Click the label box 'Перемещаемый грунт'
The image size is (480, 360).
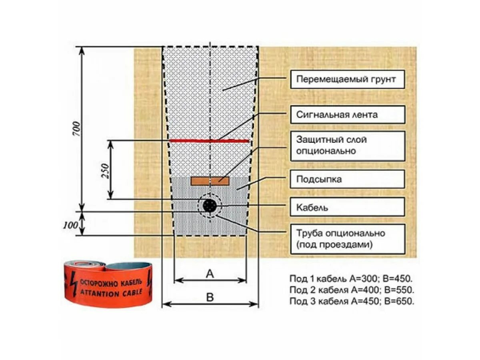[346, 79]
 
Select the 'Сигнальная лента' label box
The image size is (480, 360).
[346, 115]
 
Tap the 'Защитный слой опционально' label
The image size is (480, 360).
[346, 146]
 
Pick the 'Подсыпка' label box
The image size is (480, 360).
[346, 179]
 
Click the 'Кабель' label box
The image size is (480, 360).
[346, 208]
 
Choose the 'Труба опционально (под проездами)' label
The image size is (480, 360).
[346, 239]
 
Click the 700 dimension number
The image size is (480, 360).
[77, 129]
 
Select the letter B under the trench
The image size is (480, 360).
[210, 297]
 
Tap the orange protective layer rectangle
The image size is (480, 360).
[210, 181]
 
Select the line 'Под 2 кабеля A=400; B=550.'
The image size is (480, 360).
[351, 290]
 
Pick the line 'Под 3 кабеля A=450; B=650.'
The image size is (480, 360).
[351, 301]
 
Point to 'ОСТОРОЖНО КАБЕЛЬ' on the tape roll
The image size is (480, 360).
[111, 283]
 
